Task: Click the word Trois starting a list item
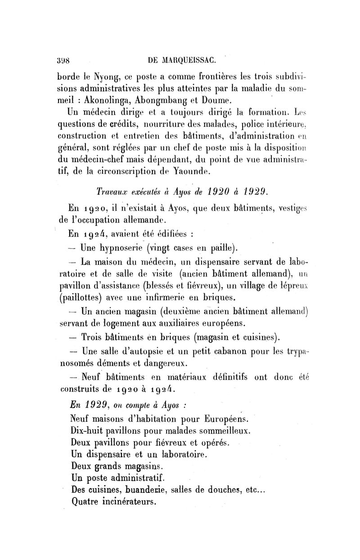pyautogui.click(x=95, y=336)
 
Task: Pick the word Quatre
pyautogui.click(x=86, y=501)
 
